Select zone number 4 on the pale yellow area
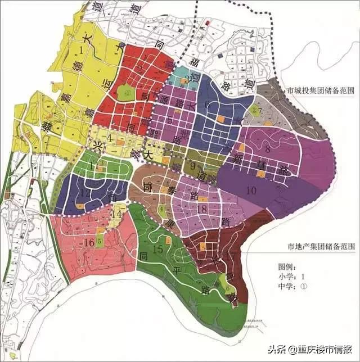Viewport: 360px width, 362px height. click(111, 137)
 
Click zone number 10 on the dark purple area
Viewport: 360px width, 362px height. click(251, 189)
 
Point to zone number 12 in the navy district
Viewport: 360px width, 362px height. click(86, 192)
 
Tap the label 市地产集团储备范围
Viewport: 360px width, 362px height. click(320, 246)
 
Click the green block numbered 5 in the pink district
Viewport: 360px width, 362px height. click(100, 242)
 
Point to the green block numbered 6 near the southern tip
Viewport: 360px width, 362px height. click(228, 287)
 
